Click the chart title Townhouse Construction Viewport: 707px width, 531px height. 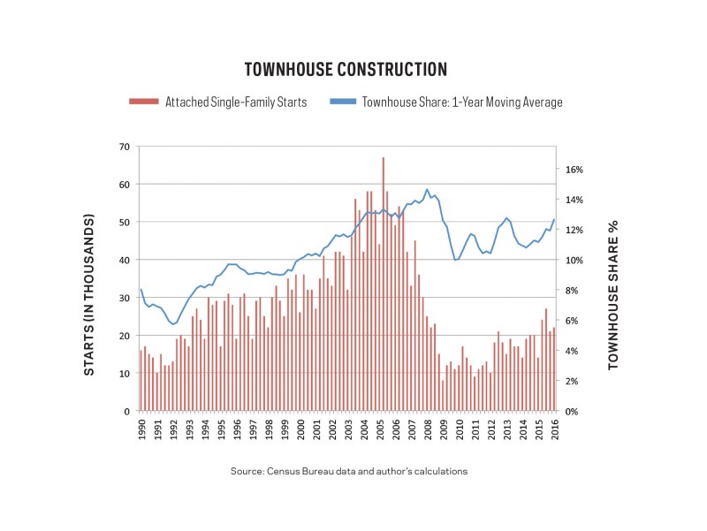tap(346, 70)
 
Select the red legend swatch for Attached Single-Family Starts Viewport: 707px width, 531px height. tap(144, 102)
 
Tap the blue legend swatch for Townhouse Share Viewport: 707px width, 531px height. tap(343, 102)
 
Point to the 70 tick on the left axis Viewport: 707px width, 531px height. tap(125, 147)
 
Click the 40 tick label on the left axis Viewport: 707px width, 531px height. tap(125, 260)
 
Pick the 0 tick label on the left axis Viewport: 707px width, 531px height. tap(127, 411)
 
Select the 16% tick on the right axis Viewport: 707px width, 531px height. tap(574, 170)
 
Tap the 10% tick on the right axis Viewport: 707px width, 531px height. tap(574, 261)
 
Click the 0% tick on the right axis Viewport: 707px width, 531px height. tap(572, 412)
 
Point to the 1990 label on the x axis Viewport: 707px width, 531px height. tap(141, 429)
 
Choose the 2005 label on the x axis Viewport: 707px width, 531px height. tap(380, 429)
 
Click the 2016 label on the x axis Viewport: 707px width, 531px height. tap(555, 429)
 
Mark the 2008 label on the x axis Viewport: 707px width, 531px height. tap(428, 429)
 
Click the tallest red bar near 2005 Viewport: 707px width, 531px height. tap(384, 284)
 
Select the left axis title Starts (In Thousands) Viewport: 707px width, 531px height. tap(89, 295)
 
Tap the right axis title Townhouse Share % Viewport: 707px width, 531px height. tap(613, 295)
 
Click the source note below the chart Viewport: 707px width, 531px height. tap(349, 472)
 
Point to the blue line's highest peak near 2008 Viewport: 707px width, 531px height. tap(428, 189)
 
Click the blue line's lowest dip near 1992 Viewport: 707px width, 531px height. tap(172, 324)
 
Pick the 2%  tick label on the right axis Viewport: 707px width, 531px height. tap(572, 382)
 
